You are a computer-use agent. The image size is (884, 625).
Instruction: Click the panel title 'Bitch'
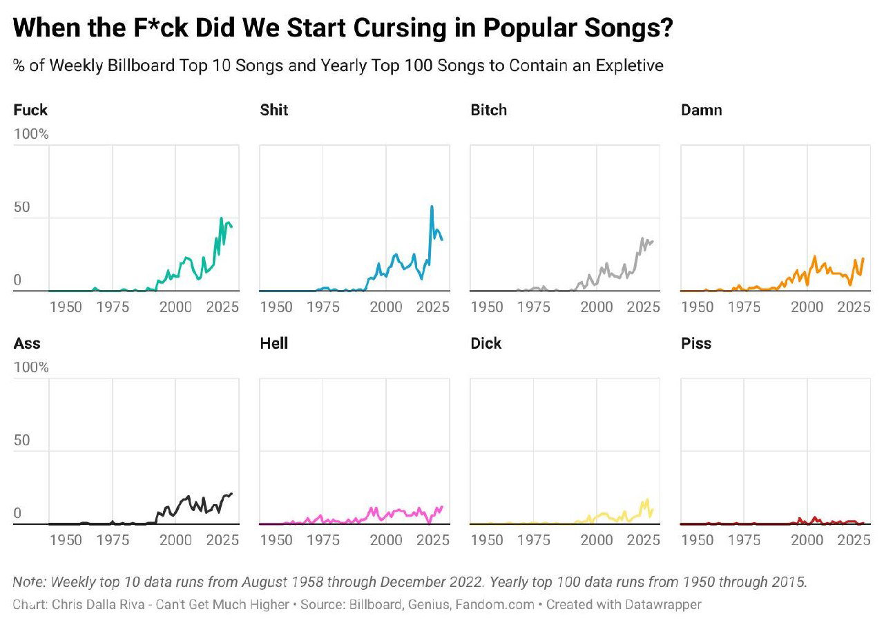(x=488, y=110)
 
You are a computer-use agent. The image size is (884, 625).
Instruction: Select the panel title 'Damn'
(x=701, y=110)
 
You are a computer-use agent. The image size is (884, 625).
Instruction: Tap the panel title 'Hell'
(x=274, y=343)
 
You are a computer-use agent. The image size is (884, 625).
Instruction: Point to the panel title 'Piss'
(x=696, y=343)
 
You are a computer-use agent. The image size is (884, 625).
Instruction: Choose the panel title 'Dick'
(x=486, y=343)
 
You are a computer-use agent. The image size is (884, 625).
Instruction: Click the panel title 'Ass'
(x=27, y=343)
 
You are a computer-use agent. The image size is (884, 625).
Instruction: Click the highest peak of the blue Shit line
(x=432, y=206)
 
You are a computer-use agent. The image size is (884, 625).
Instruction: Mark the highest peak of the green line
(x=221, y=218)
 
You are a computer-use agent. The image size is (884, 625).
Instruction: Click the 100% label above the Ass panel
(x=31, y=367)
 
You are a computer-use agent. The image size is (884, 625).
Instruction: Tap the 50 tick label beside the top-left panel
(x=21, y=206)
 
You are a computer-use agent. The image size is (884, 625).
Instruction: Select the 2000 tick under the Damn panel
(x=807, y=307)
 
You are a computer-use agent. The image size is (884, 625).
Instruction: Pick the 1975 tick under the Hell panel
(x=323, y=540)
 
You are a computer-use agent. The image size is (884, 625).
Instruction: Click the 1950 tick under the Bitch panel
(x=487, y=307)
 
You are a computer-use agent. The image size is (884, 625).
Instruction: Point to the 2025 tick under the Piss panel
(x=854, y=540)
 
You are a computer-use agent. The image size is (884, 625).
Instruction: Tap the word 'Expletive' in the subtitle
(x=629, y=66)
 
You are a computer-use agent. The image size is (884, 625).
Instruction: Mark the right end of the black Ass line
(x=231, y=494)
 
